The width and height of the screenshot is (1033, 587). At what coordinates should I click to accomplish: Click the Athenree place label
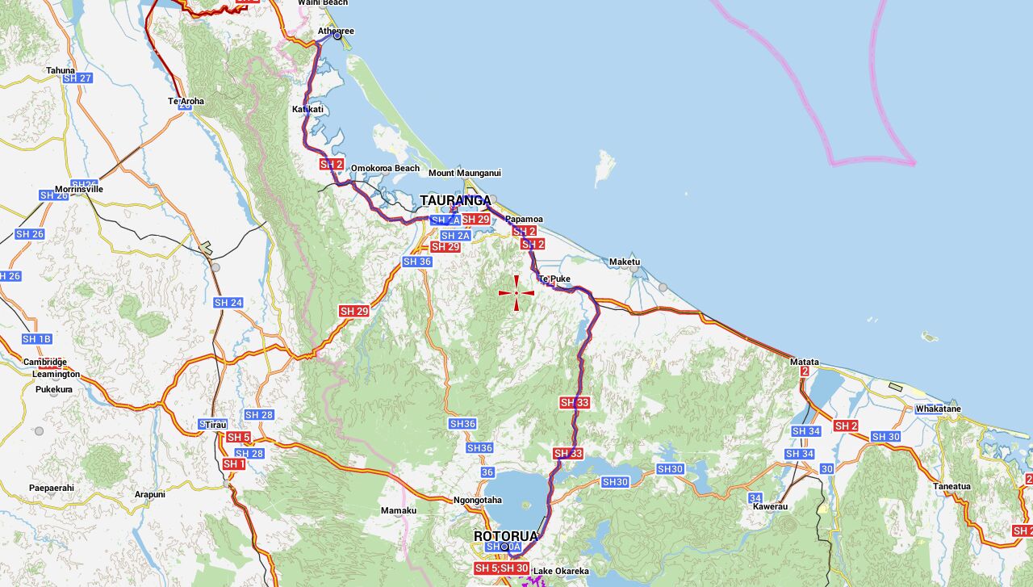(336, 31)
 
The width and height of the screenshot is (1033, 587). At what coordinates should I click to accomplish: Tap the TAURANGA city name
(455, 200)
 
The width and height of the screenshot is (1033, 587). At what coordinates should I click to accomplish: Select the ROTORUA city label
(505, 536)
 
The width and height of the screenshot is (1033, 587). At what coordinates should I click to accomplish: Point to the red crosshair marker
(516, 292)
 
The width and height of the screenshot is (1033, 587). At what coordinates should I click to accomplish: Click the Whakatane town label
(938, 409)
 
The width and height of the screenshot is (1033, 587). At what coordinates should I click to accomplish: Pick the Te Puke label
(554, 279)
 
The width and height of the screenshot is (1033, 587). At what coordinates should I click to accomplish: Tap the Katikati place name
(307, 109)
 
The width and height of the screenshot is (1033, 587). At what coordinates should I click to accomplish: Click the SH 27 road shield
(77, 78)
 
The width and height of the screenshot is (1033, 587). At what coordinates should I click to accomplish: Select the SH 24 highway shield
(228, 303)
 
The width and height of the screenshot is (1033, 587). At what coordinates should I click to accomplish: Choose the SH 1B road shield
(36, 339)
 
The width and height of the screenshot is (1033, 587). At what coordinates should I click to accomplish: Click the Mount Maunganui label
(465, 173)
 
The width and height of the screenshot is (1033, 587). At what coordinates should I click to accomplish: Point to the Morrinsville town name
(79, 190)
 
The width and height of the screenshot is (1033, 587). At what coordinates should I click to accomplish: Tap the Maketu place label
(625, 262)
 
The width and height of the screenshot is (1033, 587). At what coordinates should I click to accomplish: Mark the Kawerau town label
(769, 506)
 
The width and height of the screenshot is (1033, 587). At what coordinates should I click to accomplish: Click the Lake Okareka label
(561, 572)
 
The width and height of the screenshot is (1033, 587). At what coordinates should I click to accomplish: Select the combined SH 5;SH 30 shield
(501, 568)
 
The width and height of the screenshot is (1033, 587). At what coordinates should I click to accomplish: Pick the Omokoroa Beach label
(385, 168)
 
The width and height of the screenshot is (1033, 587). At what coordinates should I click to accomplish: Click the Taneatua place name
(951, 486)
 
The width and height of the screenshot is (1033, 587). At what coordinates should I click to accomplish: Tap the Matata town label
(805, 363)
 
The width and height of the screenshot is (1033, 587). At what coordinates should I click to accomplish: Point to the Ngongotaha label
(478, 501)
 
